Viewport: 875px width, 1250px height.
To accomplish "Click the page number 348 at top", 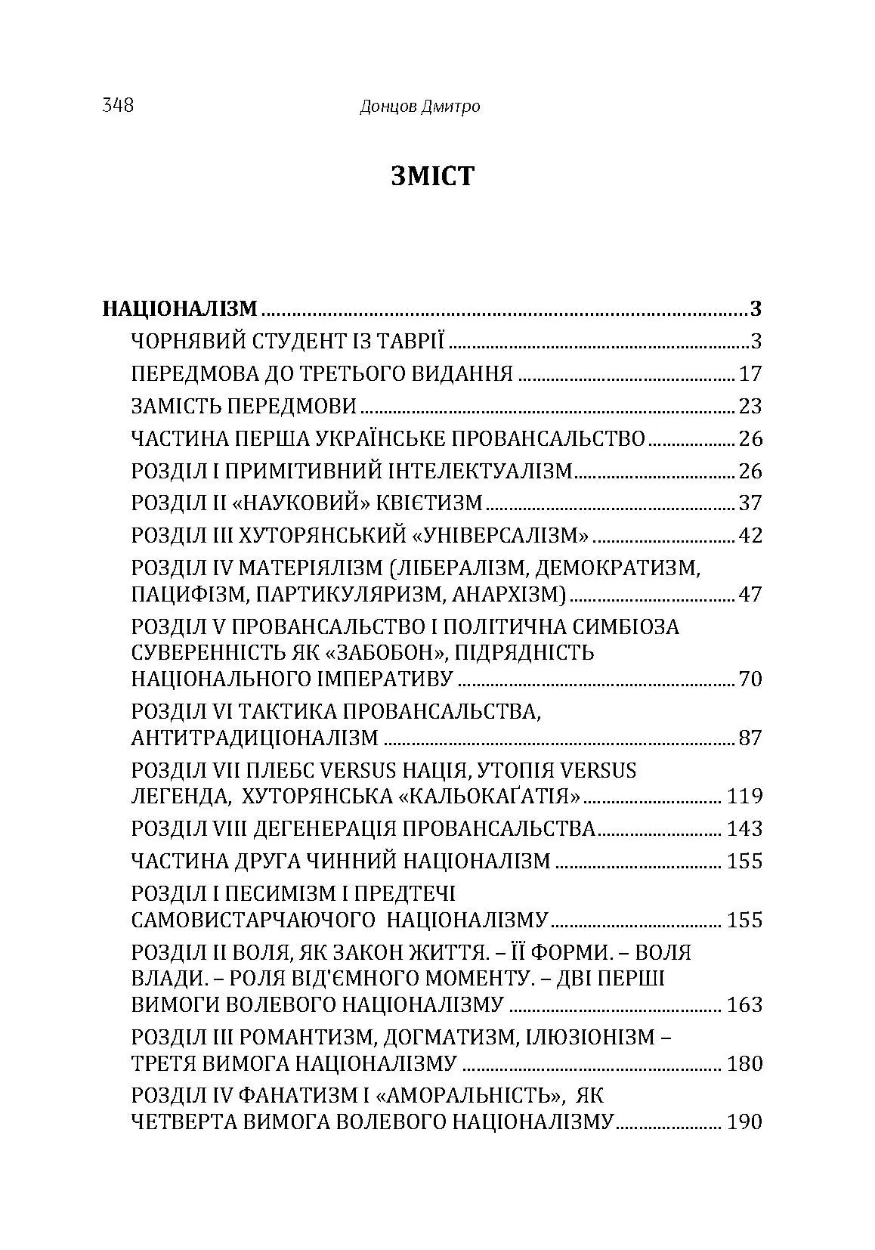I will click(x=118, y=106).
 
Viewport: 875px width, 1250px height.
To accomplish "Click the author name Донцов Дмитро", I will click(x=419, y=107).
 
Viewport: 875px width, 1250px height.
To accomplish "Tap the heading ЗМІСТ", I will click(x=433, y=176).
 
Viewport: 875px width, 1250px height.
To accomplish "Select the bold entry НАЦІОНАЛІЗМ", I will click(x=180, y=309).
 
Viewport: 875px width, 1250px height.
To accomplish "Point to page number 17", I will click(x=750, y=374).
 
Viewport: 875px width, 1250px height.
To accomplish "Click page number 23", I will click(x=750, y=407).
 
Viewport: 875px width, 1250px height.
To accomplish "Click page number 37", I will click(x=750, y=503).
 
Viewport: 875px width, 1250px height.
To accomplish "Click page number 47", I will click(x=750, y=594).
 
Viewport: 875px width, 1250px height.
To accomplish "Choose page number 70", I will click(x=750, y=679).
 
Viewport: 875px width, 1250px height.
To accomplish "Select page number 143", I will click(x=744, y=829).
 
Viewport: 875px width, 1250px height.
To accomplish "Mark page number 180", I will click(x=744, y=1064).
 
